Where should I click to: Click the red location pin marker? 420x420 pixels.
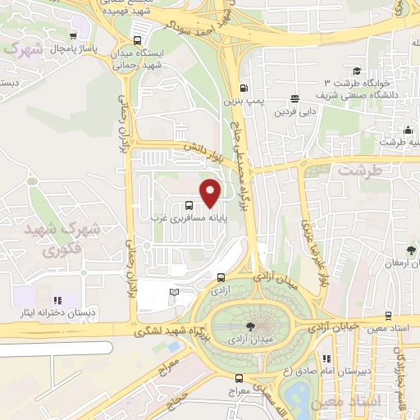click(x=211, y=193)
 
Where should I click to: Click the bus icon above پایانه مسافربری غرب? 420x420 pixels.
click(x=189, y=206)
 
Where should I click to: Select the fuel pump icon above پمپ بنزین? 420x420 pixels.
click(x=243, y=89)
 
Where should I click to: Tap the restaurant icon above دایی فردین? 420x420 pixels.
click(x=294, y=98)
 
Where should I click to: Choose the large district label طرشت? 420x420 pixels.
click(x=355, y=171)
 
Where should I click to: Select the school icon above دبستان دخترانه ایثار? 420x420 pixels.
click(x=57, y=300)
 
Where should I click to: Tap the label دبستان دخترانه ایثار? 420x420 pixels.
click(x=58, y=313)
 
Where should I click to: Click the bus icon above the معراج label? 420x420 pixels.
click(x=239, y=378)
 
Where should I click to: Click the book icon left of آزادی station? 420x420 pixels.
click(x=173, y=291)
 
